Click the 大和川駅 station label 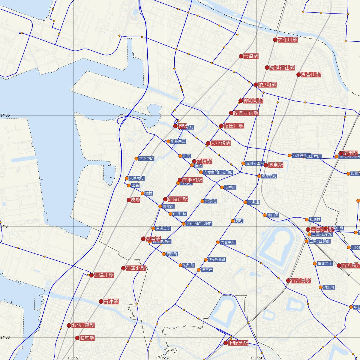coord(288,40)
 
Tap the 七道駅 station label coord(251,56)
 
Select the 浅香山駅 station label coord(311,74)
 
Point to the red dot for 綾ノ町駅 coord(256,85)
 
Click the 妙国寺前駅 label coord(246,113)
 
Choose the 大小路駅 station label coord(220,143)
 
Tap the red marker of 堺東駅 coord(266,165)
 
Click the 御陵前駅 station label coord(178,199)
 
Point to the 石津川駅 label coord(104,275)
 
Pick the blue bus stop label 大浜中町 coord(146,158)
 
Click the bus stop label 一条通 coord(253,202)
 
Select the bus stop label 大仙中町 coord(228,242)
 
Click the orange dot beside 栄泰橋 coord(202,201)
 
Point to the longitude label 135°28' coord(165,358)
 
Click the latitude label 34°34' coord(5,226)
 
